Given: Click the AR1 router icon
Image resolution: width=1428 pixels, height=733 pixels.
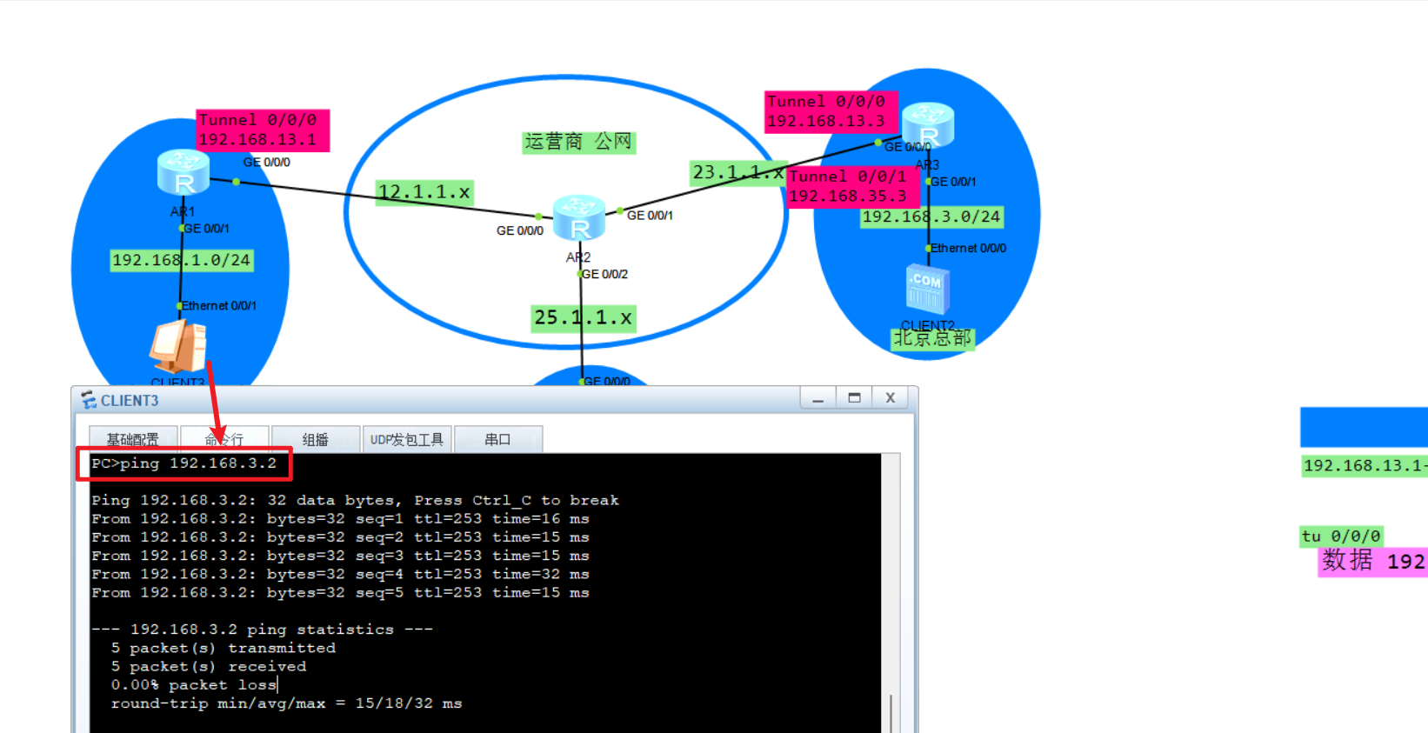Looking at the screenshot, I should click(183, 172).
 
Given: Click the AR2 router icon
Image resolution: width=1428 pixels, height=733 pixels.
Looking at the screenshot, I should click(578, 217).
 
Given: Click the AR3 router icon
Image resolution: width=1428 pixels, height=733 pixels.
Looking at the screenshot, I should click(928, 125).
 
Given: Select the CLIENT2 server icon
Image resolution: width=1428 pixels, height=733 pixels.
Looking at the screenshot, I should click(927, 290).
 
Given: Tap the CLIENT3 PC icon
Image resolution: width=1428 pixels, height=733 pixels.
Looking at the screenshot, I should click(178, 346).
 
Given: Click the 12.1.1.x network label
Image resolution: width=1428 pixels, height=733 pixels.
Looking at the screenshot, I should click(424, 192).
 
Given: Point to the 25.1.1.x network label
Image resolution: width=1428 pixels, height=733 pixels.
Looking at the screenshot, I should click(584, 318).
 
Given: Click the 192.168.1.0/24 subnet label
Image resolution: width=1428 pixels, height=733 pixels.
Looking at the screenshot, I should click(181, 260).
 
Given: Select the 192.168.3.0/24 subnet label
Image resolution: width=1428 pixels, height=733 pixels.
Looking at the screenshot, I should click(931, 217).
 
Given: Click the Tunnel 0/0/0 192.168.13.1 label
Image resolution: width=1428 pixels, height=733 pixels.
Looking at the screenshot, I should click(262, 130).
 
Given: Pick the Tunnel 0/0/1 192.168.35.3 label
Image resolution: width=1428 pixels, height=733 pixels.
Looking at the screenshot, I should click(847, 186).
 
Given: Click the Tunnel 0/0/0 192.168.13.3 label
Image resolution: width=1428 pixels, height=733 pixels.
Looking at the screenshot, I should click(830, 111).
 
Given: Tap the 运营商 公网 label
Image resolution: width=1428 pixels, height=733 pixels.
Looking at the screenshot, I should click(578, 142).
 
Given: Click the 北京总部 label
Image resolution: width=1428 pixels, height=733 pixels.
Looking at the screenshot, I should click(932, 338).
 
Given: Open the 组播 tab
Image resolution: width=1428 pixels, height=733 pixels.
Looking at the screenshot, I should click(315, 439).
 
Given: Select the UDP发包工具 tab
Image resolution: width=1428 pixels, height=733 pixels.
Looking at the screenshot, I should click(406, 439).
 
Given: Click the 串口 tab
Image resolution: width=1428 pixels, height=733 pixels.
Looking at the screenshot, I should click(497, 439).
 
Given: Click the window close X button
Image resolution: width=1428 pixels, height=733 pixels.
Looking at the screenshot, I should click(890, 397).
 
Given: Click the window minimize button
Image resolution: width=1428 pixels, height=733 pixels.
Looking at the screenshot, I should click(817, 397).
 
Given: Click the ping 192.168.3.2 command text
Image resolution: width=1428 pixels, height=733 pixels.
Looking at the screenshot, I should click(184, 463).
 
